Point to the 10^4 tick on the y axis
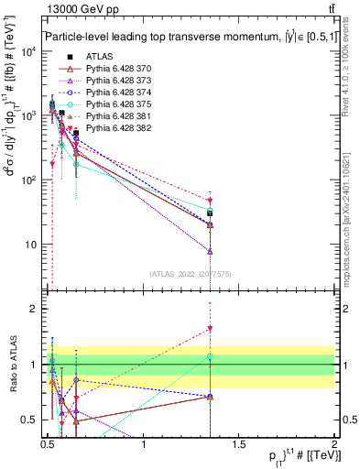tap(27, 51)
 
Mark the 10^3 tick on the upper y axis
tap(27, 116)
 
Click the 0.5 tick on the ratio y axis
tap(29, 420)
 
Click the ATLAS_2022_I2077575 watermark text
tap(190, 274)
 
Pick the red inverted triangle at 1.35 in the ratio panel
tap(210, 328)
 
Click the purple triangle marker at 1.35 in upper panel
tap(210, 251)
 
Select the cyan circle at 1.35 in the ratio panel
tap(210, 355)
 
